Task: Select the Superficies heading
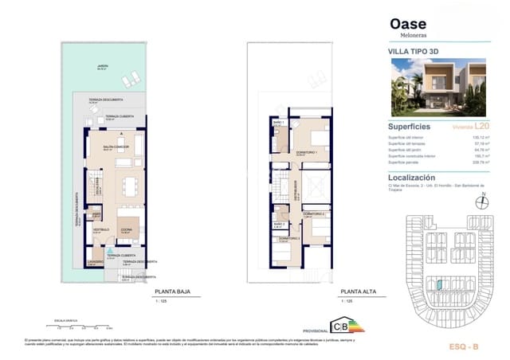(x=409, y=127)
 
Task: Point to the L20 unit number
(x=481, y=127)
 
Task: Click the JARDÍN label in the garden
(x=103, y=67)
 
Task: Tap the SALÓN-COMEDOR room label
(x=116, y=147)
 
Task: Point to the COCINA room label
(x=126, y=229)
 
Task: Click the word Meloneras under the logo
(x=404, y=36)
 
